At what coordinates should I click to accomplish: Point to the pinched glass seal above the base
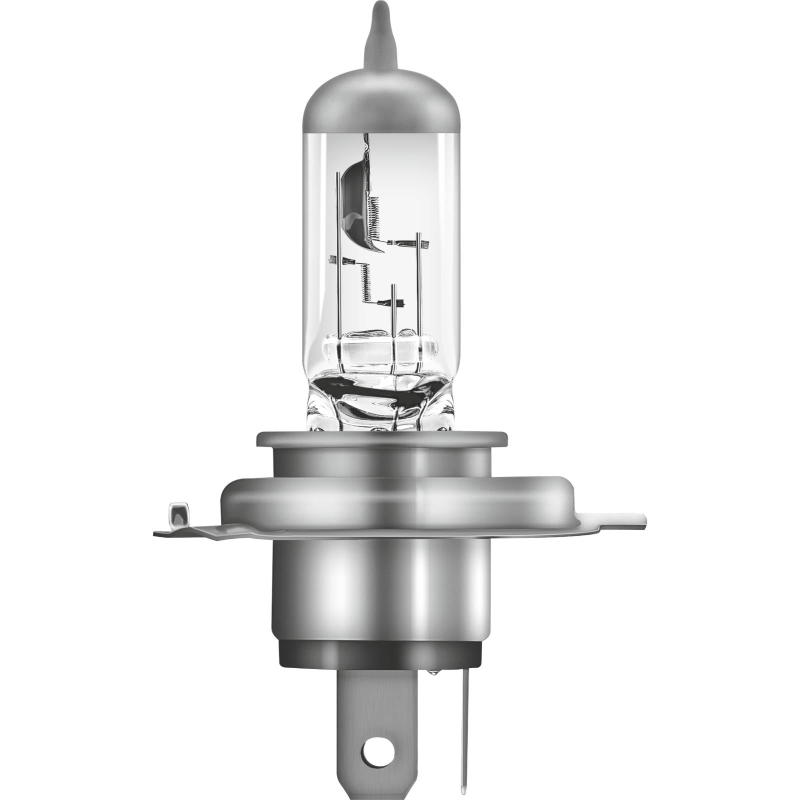click(380, 400)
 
